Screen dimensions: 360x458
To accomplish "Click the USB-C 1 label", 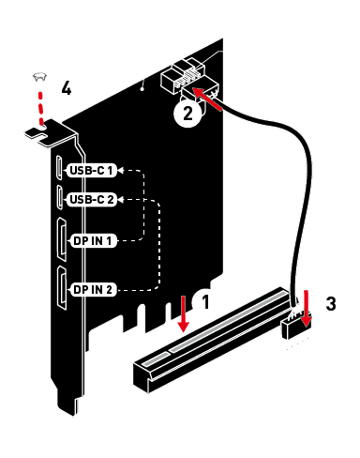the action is [92, 171].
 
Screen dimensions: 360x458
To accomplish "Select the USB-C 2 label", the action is [92, 199].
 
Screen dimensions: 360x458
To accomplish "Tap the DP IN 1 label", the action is [93, 241].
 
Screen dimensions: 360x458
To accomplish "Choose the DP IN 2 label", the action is [93, 290].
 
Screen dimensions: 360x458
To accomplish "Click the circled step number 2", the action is [187, 114].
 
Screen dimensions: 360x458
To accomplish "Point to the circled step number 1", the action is [204, 301].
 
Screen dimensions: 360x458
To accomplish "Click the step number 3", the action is [331, 303].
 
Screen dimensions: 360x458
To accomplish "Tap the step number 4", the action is [67, 87].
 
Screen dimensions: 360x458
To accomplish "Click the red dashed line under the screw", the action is [40, 108].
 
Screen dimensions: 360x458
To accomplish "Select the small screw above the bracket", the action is [39, 76].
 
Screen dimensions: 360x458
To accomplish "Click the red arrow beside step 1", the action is [183, 313].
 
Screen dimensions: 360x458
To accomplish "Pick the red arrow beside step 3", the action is [306, 308].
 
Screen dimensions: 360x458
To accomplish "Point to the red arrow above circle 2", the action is [207, 99].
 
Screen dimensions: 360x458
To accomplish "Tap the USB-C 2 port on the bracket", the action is [59, 197].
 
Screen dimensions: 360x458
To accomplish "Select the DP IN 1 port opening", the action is [62, 239].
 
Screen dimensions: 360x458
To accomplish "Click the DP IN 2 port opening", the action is [62, 288].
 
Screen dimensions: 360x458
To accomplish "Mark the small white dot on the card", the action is [142, 89].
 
